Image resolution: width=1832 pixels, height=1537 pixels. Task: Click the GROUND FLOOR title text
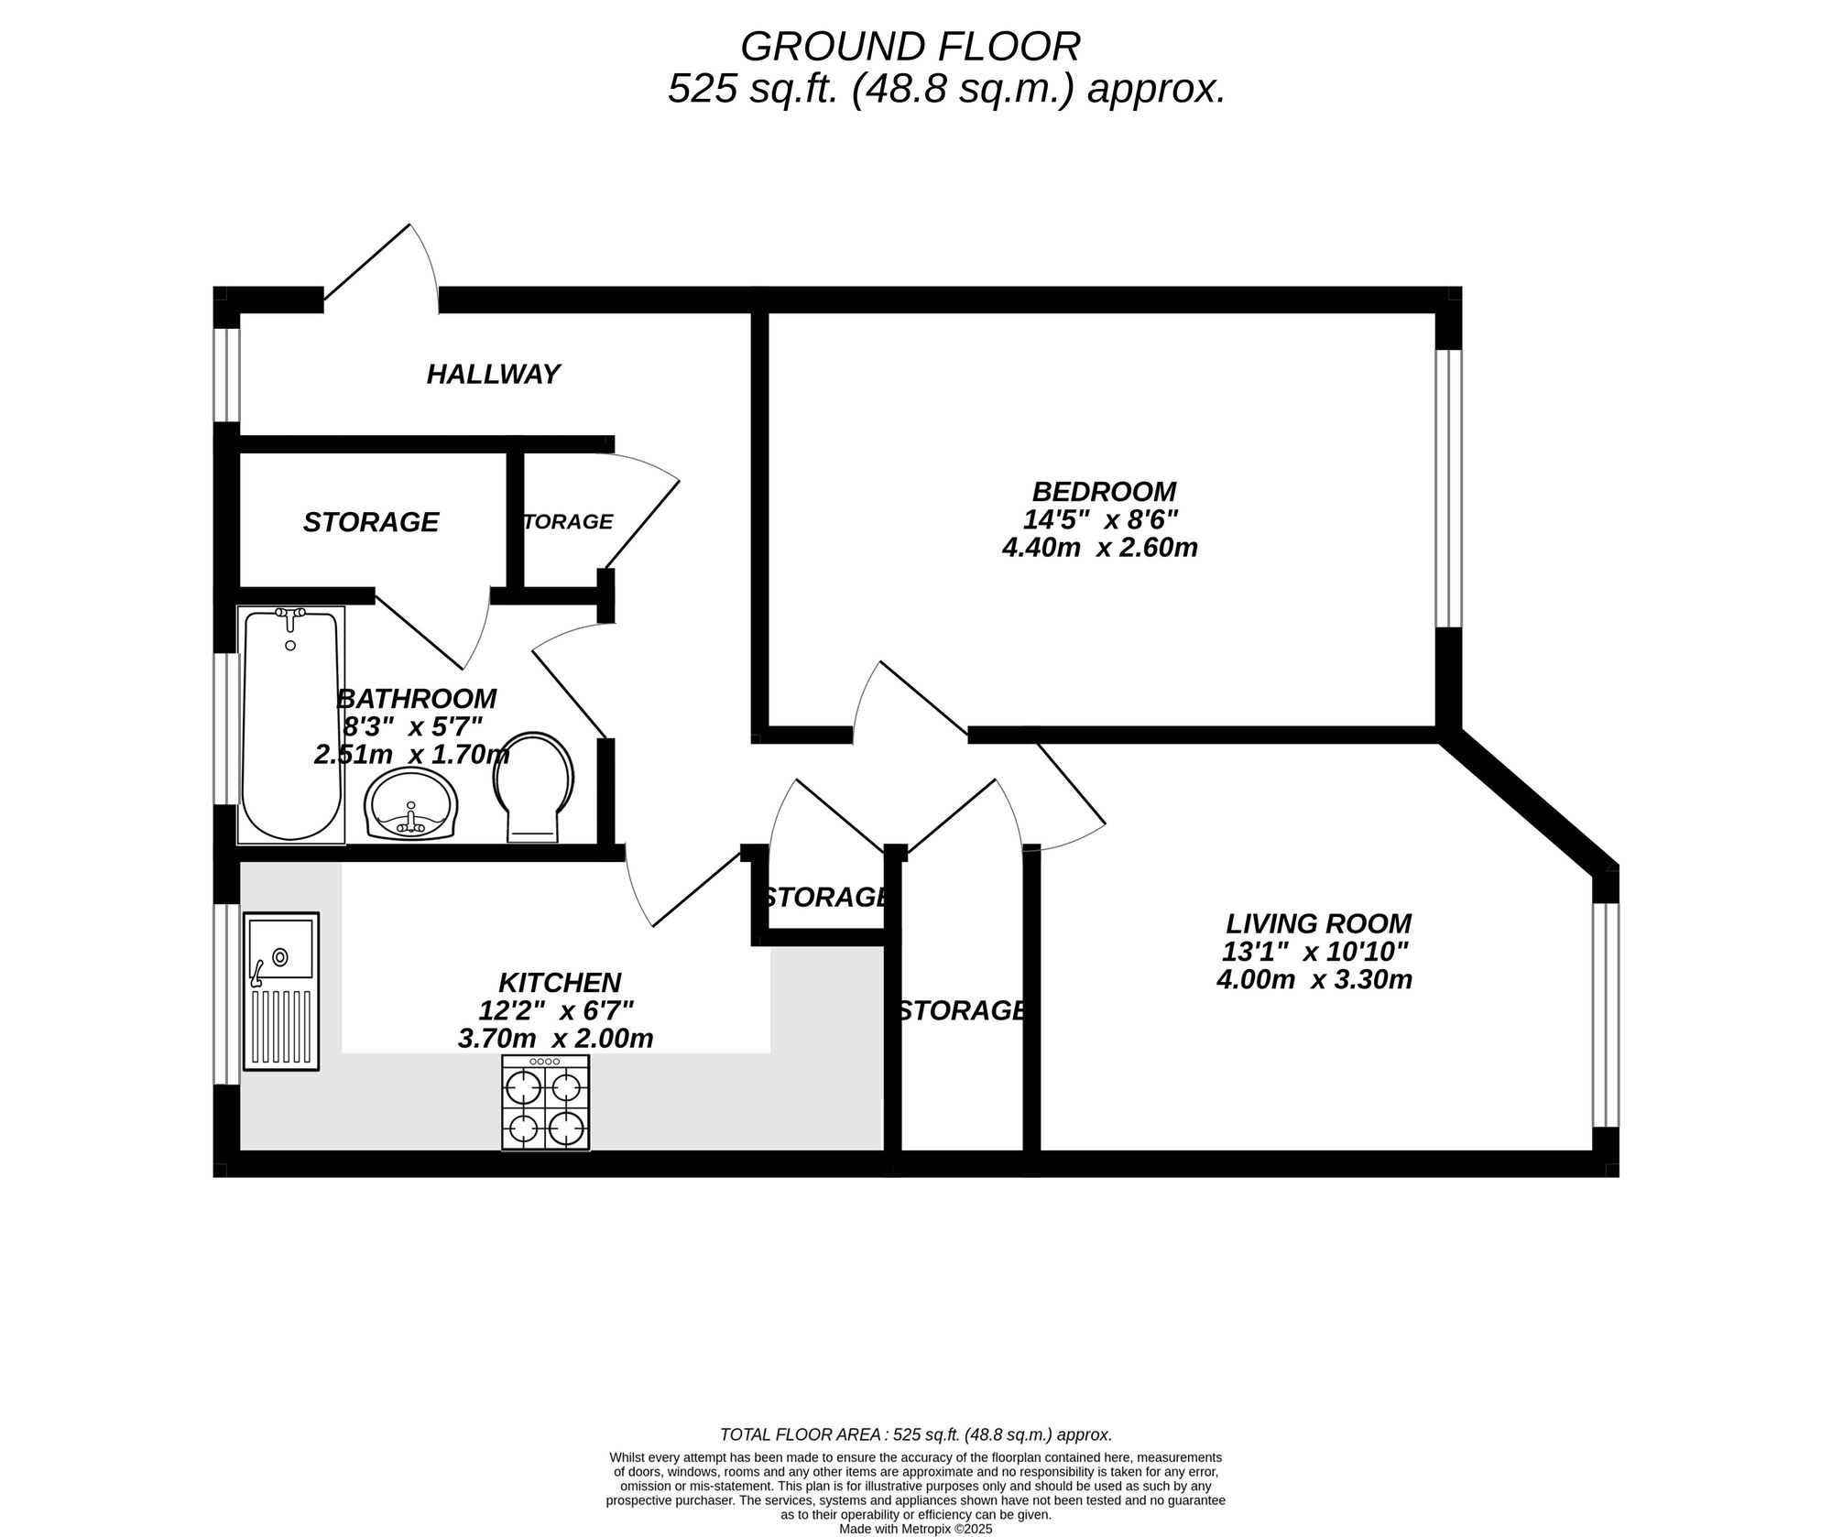[x=910, y=46]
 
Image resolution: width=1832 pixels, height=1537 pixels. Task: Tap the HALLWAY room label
[x=493, y=375]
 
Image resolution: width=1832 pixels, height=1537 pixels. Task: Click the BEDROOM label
[x=1104, y=492]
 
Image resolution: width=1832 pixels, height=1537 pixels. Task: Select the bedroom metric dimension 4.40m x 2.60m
[x=1100, y=549]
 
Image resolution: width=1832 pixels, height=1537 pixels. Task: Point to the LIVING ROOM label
[x=1319, y=923]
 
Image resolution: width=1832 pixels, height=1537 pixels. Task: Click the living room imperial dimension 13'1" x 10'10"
[x=1314, y=952]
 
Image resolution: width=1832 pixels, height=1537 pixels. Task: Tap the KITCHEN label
[x=560, y=983]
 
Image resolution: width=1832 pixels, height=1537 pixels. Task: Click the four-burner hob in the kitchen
[x=546, y=1103]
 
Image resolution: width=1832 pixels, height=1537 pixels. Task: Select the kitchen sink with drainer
[x=281, y=990]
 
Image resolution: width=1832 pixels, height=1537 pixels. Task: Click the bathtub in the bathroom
[x=291, y=725]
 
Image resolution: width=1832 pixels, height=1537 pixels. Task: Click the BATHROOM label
[x=417, y=699]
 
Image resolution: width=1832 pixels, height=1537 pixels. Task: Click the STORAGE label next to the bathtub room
[x=371, y=522]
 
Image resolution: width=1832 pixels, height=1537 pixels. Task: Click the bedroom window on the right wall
[x=1448, y=488]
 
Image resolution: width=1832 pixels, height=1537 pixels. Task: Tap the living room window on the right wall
[x=1606, y=1014]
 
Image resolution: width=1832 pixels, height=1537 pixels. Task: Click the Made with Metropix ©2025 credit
[x=915, y=1529]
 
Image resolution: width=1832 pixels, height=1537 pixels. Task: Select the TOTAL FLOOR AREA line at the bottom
[x=915, y=1434]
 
